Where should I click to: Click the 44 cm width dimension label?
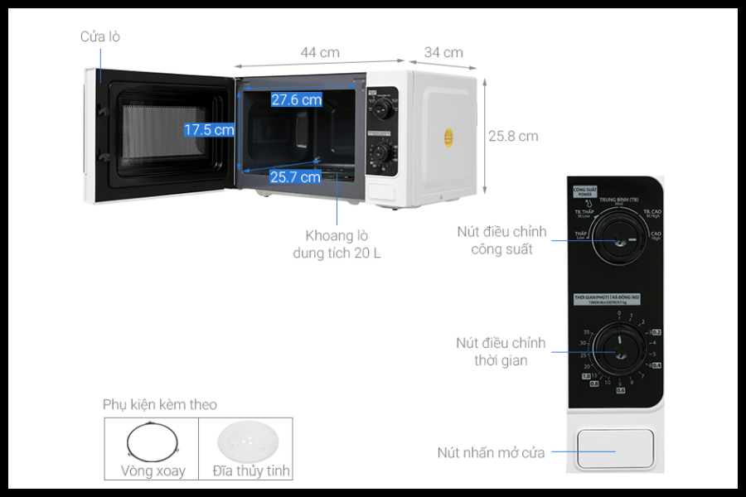(319, 52)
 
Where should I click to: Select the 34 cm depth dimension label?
(443, 52)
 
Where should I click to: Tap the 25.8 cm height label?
(513, 136)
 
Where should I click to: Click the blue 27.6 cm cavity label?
(296, 99)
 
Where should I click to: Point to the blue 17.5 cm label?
(209, 129)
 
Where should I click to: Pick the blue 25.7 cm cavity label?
(295, 176)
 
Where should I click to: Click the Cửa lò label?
(100, 36)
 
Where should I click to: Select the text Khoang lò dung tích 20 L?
(337, 244)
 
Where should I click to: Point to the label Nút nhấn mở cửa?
(491, 452)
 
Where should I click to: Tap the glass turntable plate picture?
(245, 442)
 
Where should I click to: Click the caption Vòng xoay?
(153, 471)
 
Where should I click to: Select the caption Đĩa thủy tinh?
(251, 471)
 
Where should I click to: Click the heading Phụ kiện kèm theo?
(160, 404)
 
